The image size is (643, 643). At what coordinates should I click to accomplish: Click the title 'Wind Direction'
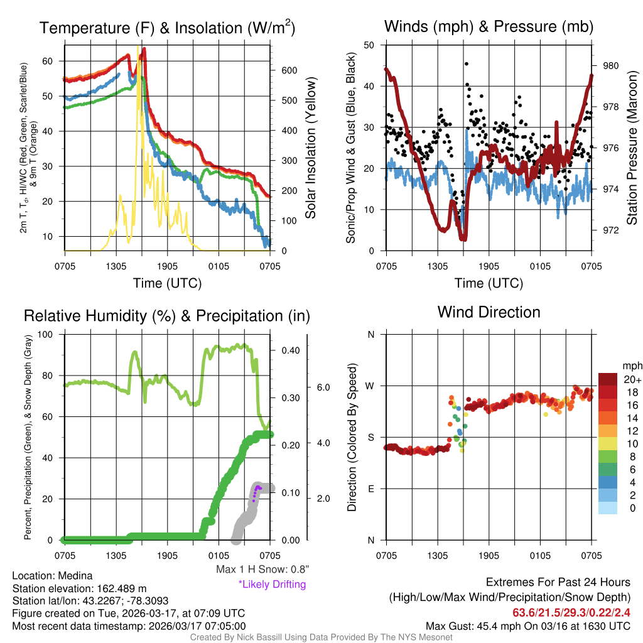[489, 312]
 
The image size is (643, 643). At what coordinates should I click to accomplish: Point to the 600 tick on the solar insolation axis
[288, 70]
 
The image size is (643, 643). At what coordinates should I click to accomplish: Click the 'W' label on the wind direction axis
[370, 386]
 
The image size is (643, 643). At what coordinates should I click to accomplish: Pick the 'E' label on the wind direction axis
[371, 489]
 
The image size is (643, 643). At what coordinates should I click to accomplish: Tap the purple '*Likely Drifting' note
[272, 585]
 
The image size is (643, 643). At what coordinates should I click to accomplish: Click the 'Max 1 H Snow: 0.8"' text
[262, 570]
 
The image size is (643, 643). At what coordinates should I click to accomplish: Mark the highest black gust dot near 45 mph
[466, 63]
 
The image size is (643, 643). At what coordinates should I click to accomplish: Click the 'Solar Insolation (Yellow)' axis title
[311, 148]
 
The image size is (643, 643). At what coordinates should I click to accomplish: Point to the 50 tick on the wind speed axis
[370, 45]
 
